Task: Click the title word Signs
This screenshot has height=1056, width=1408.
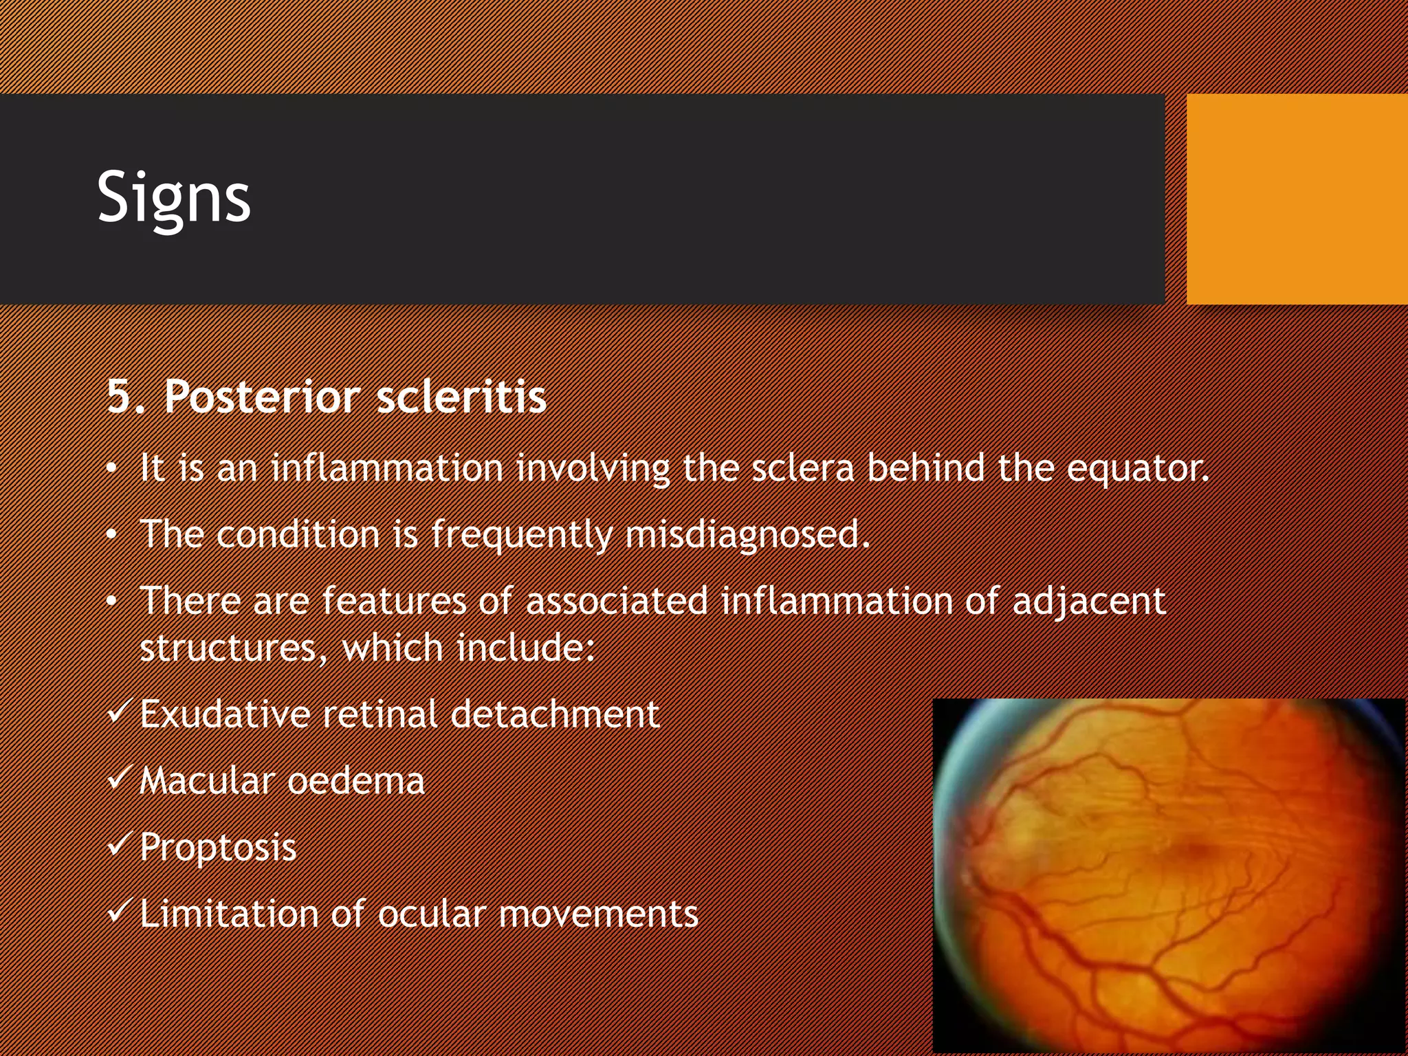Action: click(x=174, y=198)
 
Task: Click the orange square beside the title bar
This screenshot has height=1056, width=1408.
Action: click(x=1297, y=199)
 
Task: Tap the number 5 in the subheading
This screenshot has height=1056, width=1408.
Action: click(x=120, y=397)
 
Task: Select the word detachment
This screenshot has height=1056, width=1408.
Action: click(x=555, y=714)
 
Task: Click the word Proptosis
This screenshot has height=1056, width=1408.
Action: click(x=218, y=847)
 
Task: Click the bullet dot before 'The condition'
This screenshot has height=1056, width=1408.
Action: click(x=112, y=536)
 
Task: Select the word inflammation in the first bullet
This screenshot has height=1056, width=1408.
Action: click(x=387, y=468)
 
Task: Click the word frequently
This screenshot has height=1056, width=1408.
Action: click(x=522, y=535)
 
